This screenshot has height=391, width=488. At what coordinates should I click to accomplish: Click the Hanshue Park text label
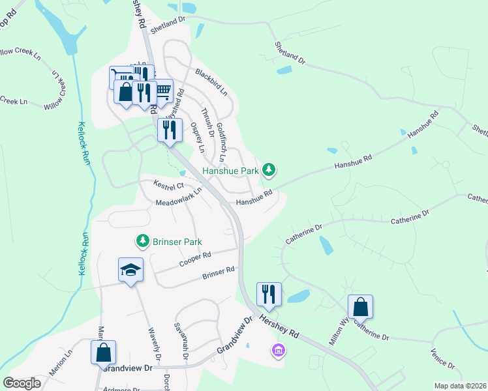coord(231,171)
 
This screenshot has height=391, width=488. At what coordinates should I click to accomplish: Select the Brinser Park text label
coord(178,242)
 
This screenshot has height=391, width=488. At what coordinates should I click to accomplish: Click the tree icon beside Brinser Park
coord(142,241)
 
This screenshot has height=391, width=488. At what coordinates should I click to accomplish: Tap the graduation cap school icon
coord(130,270)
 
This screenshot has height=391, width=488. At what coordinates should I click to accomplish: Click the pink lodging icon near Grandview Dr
coord(278,352)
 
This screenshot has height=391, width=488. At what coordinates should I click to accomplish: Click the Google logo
coord(22,383)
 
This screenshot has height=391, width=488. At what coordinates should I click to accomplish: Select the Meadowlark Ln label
coord(179,197)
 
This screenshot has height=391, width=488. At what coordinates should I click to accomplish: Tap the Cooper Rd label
coord(195,259)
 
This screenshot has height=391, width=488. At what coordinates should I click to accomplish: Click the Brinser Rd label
coord(218,272)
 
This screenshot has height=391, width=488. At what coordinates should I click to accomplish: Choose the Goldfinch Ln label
coord(221,142)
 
